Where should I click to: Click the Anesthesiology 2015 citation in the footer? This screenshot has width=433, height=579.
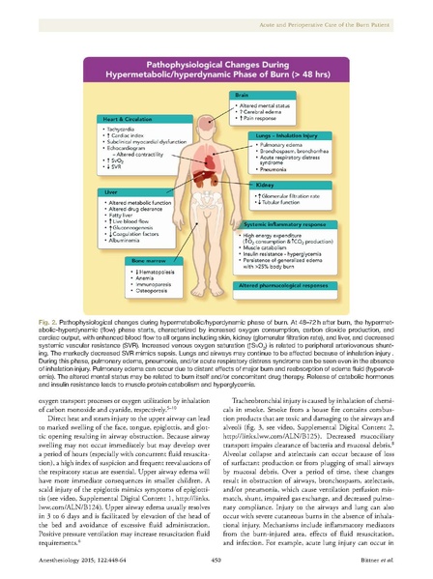(109, 557)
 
